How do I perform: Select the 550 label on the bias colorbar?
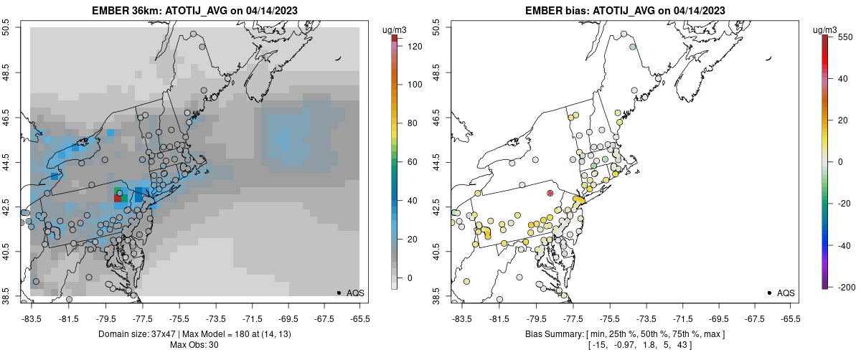tap(844, 37)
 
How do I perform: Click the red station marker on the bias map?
tap(550, 193)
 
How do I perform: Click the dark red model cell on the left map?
tap(118, 198)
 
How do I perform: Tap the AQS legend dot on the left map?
tap(339, 293)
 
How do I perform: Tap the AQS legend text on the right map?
tap(786, 293)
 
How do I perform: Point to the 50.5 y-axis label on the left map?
tap(7, 28)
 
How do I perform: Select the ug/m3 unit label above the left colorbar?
tap(395, 29)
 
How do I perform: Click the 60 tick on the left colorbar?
tap(413, 162)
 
